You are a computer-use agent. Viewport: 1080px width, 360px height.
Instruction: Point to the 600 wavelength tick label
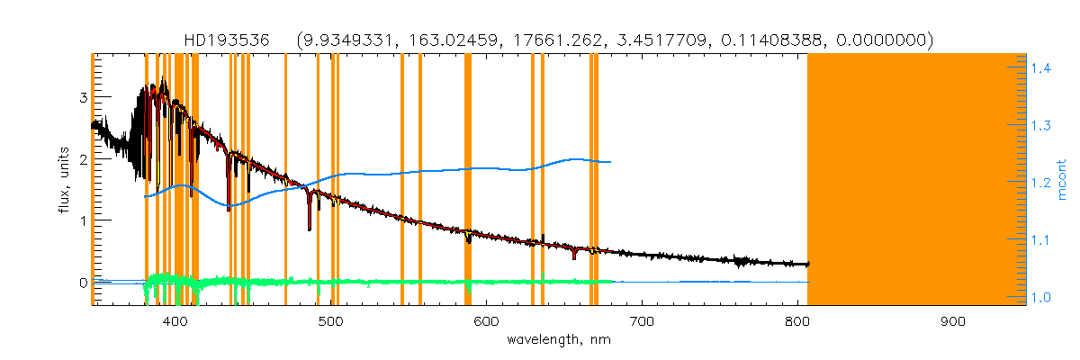(486, 322)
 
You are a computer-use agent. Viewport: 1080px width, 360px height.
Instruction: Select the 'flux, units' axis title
(62, 180)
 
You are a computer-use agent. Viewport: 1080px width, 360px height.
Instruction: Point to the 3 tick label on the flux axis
(83, 97)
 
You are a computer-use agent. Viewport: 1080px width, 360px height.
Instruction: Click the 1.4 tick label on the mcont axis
(1042, 67)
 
